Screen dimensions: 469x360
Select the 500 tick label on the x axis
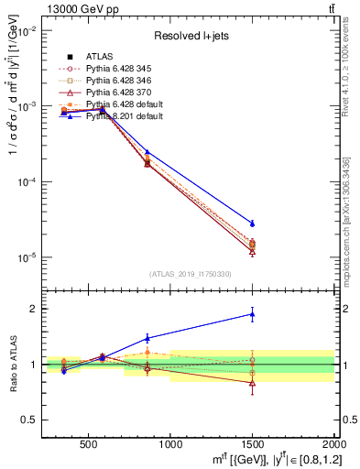(x=89, y=443)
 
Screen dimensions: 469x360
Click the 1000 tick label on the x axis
(x=170, y=443)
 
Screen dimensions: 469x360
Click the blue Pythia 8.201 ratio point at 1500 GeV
(x=252, y=314)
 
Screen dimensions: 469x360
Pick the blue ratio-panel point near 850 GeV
(x=147, y=338)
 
